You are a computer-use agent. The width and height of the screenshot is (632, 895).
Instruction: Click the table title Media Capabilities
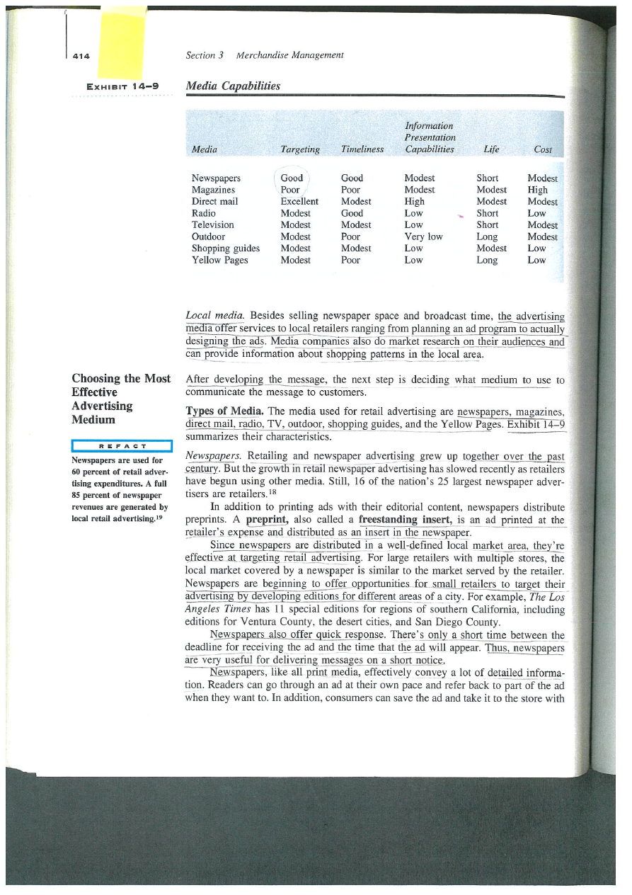pos(232,86)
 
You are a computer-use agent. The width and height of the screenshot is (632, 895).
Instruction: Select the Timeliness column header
pos(362,149)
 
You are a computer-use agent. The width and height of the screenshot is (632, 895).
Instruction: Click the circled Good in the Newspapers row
pos(292,178)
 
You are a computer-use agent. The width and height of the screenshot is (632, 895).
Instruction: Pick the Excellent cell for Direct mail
pos(299,202)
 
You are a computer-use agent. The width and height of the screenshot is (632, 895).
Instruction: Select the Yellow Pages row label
pos(220,260)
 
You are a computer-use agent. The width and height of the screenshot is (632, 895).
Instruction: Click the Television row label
pos(213,225)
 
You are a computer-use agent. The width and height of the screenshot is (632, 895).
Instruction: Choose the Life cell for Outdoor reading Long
pos(487,236)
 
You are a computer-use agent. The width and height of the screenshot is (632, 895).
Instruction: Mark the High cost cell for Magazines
pos(537,190)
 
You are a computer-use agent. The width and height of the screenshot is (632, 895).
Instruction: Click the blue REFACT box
pos(122,445)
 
